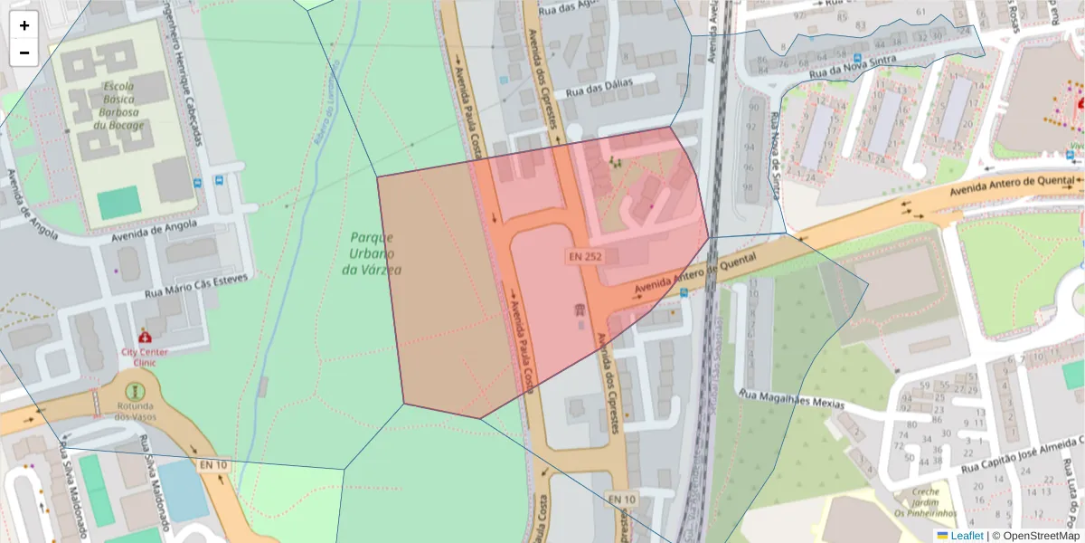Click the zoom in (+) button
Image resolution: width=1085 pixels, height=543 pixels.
pos(24,25)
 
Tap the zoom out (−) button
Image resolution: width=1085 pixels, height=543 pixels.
pos(24,52)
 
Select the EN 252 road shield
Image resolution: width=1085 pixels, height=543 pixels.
pos(585,256)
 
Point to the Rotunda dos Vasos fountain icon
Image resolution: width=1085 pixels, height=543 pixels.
pos(135,391)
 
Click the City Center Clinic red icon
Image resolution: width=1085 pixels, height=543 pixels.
pos(145,336)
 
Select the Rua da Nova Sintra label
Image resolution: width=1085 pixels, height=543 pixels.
pos(853,64)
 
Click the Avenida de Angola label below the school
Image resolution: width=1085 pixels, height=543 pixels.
pos(153,233)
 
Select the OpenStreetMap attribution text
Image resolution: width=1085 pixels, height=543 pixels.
pos(1039,536)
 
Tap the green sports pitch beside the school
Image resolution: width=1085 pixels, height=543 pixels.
pos(119,202)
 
